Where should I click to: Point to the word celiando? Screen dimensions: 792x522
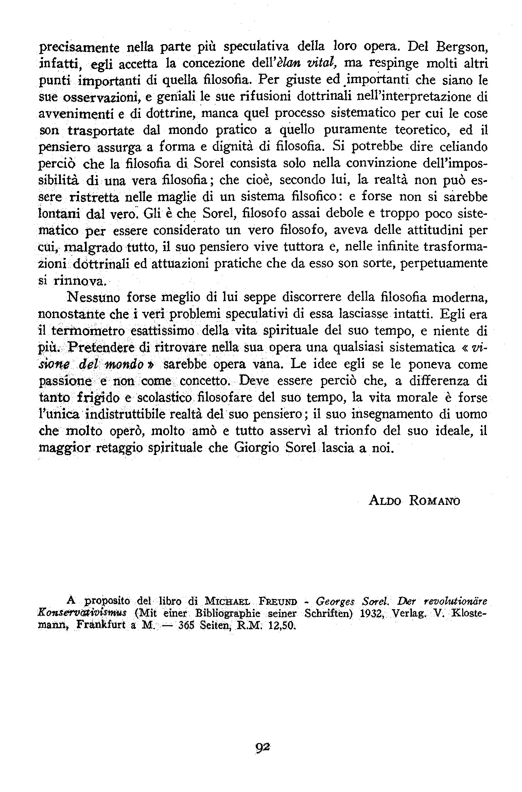pos(464,147)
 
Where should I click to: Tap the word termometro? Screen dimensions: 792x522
pos(90,331)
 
